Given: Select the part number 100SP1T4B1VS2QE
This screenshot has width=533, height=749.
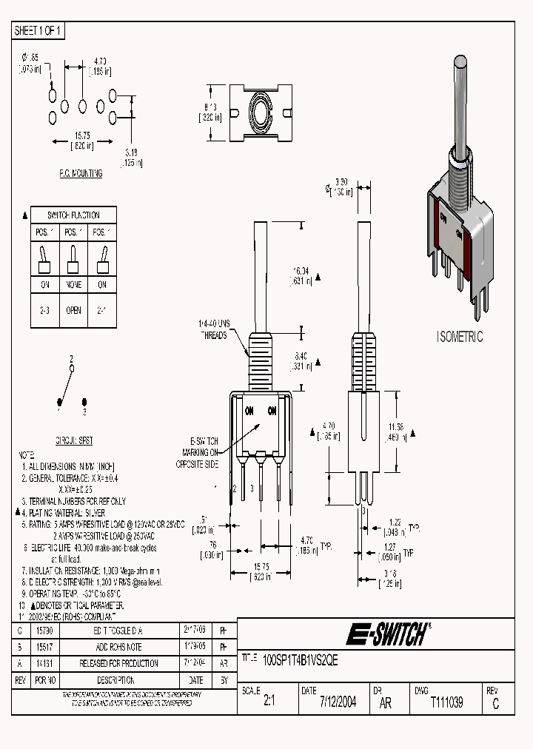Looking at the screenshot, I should [x=301, y=662].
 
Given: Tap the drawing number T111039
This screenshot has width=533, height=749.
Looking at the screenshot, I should [x=446, y=702].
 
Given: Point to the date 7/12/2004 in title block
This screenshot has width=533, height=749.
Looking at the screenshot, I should [x=338, y=702].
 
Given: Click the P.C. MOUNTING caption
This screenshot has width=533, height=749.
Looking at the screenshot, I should [x=81, y=173].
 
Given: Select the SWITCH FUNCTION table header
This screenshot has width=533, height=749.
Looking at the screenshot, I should [x=73, y=215].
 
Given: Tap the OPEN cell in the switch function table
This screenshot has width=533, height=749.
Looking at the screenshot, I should [x=73, y=311].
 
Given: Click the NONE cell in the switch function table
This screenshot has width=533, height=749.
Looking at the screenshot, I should [x=73, y=285].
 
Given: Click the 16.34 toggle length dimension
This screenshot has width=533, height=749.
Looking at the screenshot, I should [x=300, y=276].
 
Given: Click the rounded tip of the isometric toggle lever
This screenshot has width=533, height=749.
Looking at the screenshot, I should [x=461, y=71].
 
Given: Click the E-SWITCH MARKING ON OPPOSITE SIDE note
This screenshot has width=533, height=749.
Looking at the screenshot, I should [x=199, y=451].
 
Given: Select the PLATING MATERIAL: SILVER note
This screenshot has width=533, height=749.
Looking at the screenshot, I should [x=64, y=512].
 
